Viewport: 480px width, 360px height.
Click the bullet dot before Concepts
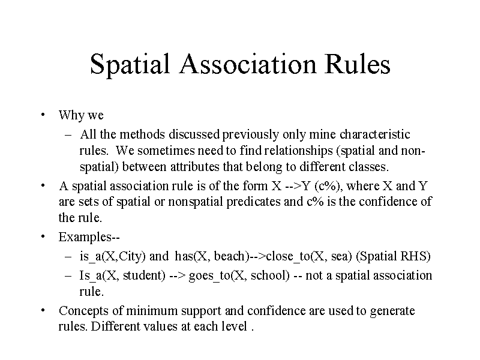click(44, 311)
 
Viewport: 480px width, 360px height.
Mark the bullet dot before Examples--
click(44, 236)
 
